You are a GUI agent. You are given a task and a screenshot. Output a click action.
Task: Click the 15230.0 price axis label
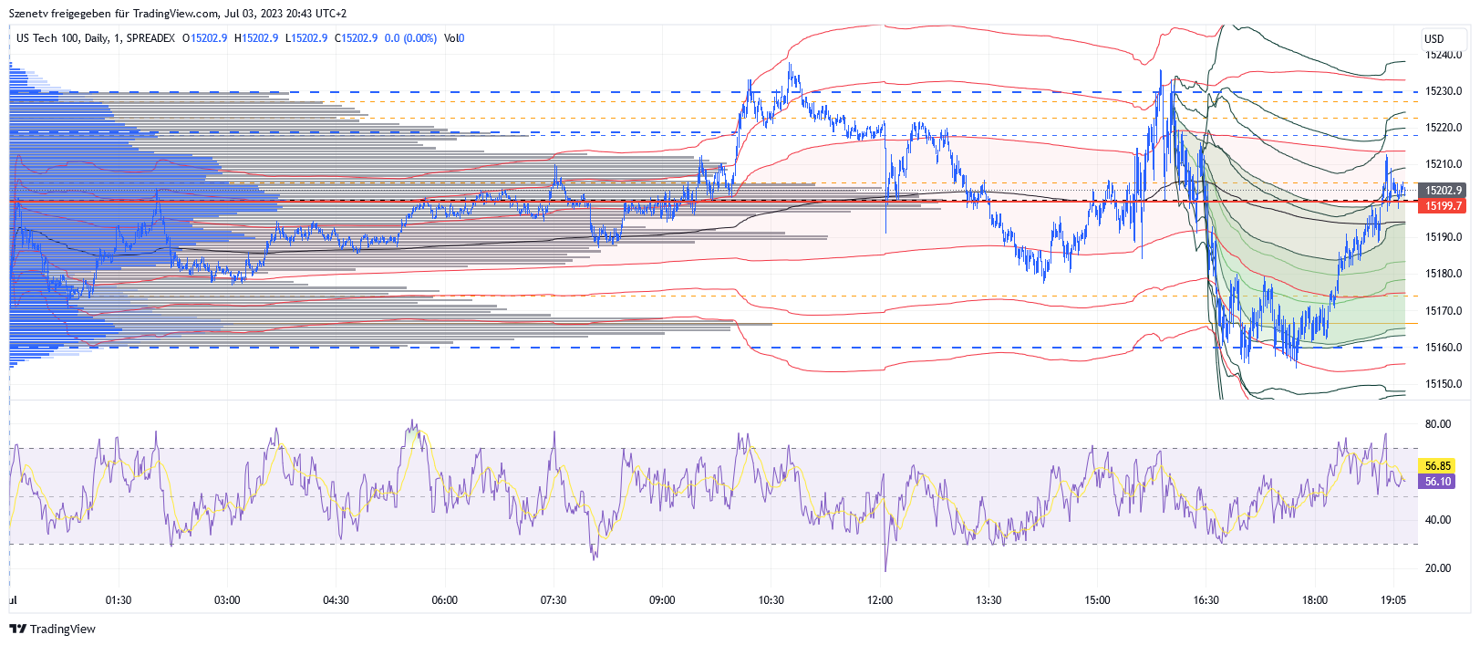pos(1443,91)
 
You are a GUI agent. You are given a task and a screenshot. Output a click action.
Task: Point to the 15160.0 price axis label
pos(1443,348)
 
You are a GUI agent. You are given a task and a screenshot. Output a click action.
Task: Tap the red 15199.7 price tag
pos(1443,206)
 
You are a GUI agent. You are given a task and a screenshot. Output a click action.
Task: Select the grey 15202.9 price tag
pos(1443,191)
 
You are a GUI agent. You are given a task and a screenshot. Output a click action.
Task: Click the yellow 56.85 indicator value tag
pos(1437,466)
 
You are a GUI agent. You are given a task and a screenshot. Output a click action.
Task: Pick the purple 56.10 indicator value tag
pos(1437,482)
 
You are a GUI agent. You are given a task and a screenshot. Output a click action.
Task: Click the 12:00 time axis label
pos(880,600)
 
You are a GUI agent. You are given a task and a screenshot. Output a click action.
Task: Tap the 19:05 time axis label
pos(1392,600)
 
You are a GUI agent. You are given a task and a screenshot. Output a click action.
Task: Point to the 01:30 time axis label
pos(119,600)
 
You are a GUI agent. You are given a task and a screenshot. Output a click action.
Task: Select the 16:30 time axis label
pos(1206,600)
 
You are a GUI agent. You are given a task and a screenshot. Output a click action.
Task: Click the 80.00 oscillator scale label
pos(1437,424)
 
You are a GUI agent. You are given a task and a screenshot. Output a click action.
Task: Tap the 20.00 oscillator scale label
pos(1437,568)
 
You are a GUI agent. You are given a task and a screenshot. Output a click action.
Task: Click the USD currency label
pos(1433,38)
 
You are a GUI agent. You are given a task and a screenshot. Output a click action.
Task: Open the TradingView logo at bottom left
pos(52,629)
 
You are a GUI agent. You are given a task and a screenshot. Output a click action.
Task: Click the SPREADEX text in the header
pos(150,38)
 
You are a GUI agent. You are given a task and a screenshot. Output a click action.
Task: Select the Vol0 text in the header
pos(454,38)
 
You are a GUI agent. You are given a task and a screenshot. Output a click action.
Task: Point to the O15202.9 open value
pos(205,38)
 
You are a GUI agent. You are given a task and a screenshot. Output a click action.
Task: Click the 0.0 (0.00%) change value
pos(410,38)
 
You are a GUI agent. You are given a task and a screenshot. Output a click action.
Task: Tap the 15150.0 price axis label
pos(1443,384)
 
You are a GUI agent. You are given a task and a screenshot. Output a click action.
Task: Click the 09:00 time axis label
pos(662,600)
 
